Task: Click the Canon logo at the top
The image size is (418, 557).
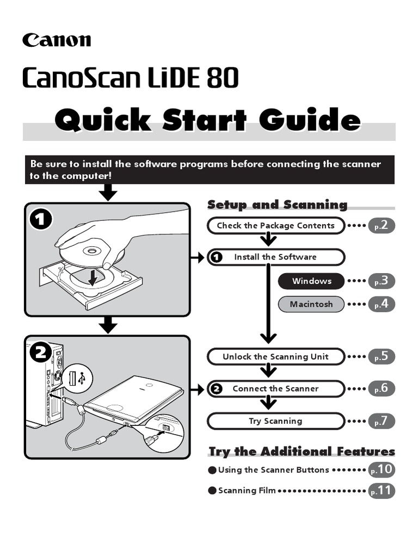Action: tap(57, 40)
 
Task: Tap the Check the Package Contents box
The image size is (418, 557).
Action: tap(276, 225)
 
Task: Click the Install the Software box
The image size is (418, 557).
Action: tap(276, 257)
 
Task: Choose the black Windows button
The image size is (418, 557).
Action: tap(311, 281)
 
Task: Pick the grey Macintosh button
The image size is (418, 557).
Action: tap(311, 304)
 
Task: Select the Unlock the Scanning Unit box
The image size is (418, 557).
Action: tap(276, 357)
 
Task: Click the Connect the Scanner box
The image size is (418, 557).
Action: tap(276, 388)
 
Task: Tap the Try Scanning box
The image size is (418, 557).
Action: tap(276, 421)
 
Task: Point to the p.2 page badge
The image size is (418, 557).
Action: tap(381, 225)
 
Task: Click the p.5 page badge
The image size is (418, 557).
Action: tap(381, 357)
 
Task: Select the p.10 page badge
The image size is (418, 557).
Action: tap(381, 469)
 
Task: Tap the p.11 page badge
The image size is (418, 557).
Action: tap(381, 490)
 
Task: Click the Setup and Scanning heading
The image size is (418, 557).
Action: tap(277, 205)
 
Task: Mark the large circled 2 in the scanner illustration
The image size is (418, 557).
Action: tap(41, 353)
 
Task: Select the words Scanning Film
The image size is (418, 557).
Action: tap(247, 491)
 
